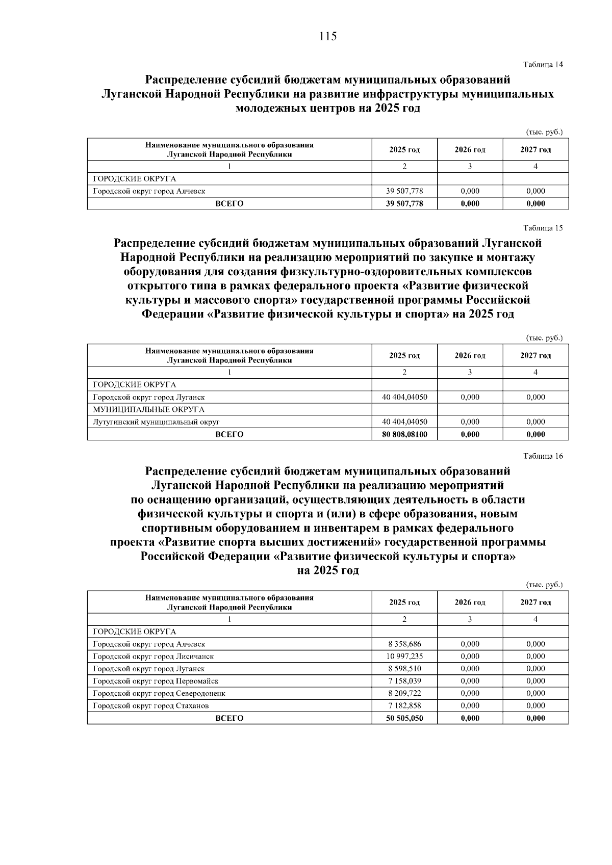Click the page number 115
tap(328, 37)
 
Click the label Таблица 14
tap(543, 65)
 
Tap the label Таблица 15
tap(543, 228)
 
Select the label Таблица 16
tap(543, 456)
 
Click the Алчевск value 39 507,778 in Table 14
tap(404, 191)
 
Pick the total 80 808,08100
tap(404, 434)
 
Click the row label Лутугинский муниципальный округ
tap(156, 422)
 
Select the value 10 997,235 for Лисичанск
tap(404, 657)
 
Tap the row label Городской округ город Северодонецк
tap(159, 693)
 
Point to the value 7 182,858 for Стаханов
tap(404, 706)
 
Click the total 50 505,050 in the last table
tap(404, 718)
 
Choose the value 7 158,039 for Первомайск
tap(404, 681)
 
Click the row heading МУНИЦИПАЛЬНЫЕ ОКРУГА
tap(148, 409)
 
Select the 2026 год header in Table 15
tap(470, 355)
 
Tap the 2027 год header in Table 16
tap(535, 602)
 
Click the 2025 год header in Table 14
tap(404, 149)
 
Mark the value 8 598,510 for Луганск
tap(404, 669)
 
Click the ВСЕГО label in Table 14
tap(229, 203)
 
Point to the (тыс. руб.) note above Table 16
tap(544, 585)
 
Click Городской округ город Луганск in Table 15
tap(149, 397)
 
